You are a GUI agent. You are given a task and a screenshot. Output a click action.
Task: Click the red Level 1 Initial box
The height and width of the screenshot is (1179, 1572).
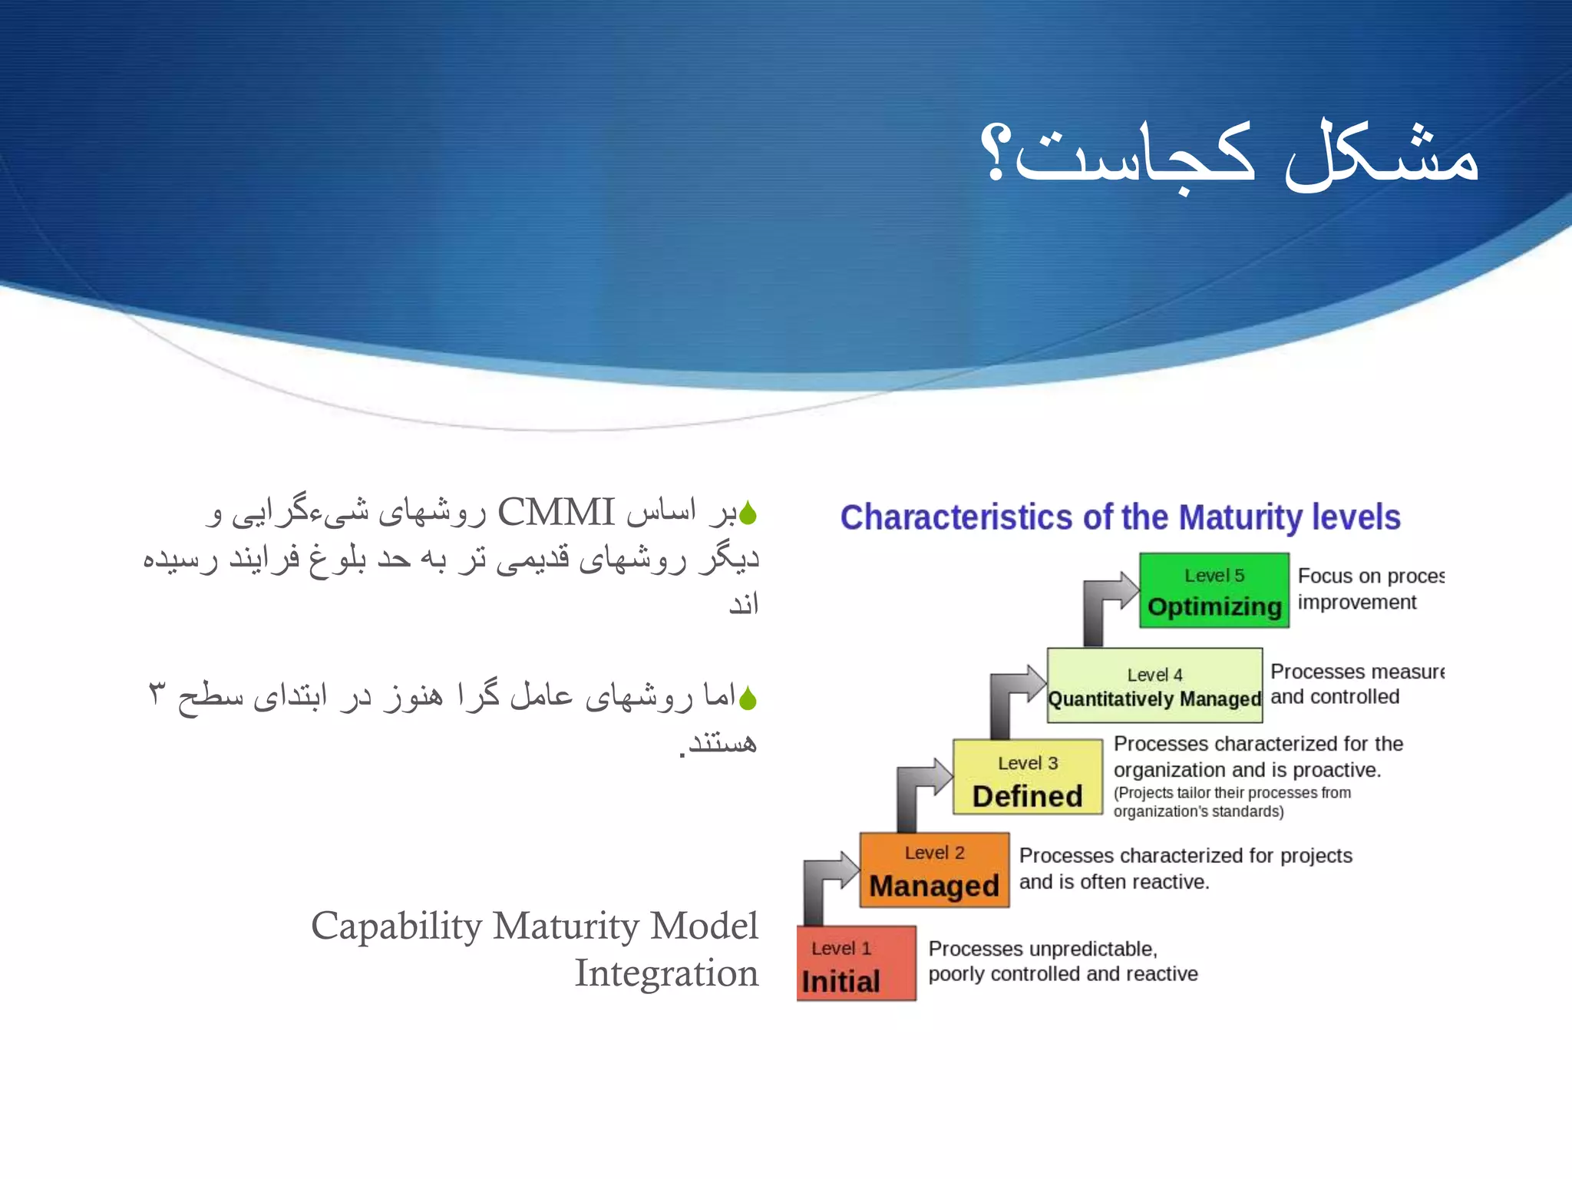pos(856,963)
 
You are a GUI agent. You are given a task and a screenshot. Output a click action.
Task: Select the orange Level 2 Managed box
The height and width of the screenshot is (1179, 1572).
pos(934,870)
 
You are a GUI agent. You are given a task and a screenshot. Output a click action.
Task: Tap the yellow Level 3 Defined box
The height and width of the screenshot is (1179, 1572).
pos(1027,777)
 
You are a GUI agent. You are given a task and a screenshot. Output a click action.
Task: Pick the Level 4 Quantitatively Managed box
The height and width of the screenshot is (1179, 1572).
pos(1154,685)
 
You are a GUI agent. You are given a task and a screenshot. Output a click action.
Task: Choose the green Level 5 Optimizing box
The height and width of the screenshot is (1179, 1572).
pos(1214,590)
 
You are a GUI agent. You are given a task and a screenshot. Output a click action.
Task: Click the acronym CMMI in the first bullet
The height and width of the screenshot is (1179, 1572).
pos(556,512)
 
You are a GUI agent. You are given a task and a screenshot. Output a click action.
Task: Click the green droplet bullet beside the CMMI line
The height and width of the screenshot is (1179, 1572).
pos(748,514)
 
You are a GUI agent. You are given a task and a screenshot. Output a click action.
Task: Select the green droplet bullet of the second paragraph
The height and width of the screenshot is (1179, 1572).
pos(748,698)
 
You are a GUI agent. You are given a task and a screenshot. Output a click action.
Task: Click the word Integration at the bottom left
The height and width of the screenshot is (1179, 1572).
pos(666,973)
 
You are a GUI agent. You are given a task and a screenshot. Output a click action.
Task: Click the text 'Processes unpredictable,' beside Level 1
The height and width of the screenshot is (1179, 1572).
pos(1042,949)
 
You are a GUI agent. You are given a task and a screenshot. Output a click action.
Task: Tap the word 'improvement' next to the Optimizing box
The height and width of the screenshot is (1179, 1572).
pos(1356,603)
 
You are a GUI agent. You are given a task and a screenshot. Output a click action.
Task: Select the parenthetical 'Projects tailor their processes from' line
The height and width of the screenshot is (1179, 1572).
pos(1232,793)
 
